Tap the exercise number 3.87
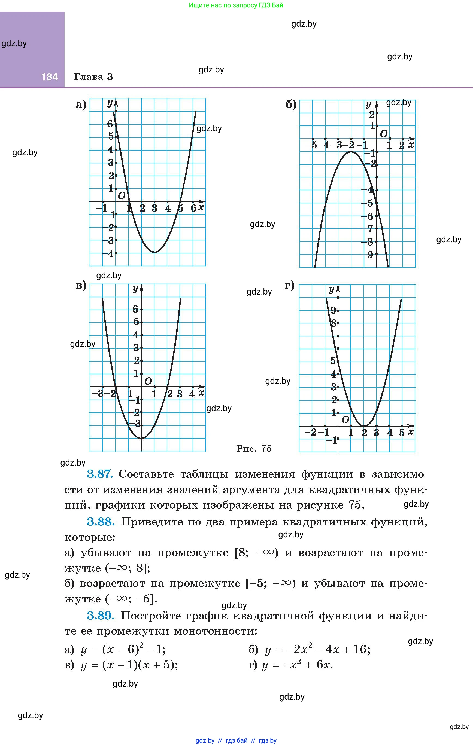99,474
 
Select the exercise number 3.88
101,522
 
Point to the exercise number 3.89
101,616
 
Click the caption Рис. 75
254,448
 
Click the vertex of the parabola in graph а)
155,252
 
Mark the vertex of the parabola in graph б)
351,152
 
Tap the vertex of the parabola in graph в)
142,438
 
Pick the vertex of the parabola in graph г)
364,426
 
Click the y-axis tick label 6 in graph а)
110,124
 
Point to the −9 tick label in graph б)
367,255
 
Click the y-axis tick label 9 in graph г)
333,310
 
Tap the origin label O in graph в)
148,381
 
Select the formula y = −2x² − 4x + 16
317,649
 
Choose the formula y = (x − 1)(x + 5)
129,665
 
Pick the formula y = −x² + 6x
297,665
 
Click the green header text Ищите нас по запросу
236,5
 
